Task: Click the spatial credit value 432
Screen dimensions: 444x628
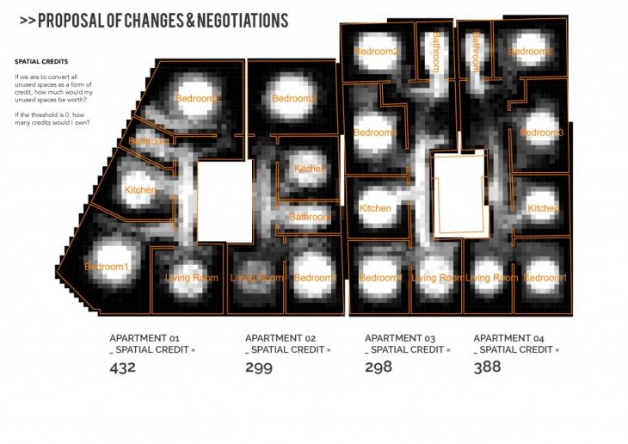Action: point(124,368)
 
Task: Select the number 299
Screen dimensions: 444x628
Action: point(259,368)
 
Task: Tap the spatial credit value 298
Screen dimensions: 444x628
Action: point(379,367)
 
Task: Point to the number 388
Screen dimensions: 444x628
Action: point(488,367)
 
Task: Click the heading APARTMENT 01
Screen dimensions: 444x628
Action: point(144,338)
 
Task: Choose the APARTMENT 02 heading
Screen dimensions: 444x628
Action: point(280,338)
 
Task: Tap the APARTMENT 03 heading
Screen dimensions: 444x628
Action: point(400,338)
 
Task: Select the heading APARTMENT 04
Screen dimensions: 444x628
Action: point(508,338)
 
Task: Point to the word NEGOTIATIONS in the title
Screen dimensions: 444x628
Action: point(237,20)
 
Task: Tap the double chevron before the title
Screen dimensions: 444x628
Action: point(26,21)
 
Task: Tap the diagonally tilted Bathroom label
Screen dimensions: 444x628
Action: point(149,140)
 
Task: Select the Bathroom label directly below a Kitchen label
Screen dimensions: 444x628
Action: point(309,217)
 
